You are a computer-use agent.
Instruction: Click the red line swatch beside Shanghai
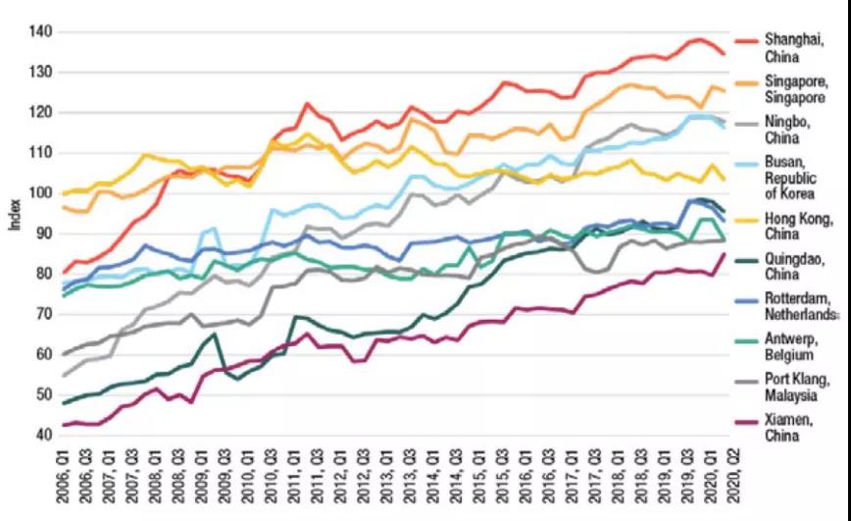coord(747,41)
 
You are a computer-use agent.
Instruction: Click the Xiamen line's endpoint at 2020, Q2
coord(725,254)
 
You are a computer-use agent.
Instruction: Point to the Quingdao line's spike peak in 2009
coord(215,335)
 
